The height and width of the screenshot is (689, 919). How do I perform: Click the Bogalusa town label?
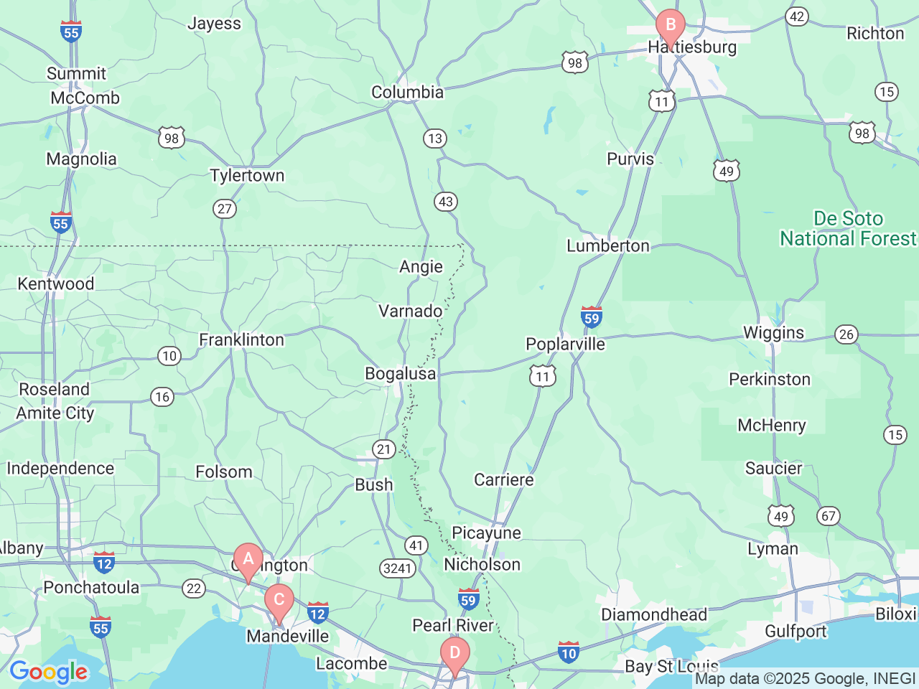coord(400,374)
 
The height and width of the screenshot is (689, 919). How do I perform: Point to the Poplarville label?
coord(565,344)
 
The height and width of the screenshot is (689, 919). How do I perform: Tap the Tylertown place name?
coord(247,176)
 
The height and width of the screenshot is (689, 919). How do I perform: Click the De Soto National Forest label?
coord(848,228)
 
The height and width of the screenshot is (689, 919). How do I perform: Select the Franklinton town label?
coord(241,340)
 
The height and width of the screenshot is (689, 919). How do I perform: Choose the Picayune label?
coord(486,533)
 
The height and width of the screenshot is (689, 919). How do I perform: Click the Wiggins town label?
coord(773,333)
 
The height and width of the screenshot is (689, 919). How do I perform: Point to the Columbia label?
coord(407,93)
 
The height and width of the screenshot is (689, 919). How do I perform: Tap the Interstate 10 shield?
coord(569,652)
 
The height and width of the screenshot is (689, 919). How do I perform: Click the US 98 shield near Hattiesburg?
coord(575,62)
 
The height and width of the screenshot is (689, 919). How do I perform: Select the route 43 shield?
coord(446,202)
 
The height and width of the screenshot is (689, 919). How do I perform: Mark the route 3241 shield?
coord(397,569)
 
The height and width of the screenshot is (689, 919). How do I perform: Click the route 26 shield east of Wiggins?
coord(846,334)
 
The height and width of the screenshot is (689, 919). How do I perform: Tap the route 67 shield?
coord(829,516)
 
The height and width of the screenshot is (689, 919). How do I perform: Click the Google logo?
coord(48,672)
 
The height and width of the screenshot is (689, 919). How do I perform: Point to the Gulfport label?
coord(796,632)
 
